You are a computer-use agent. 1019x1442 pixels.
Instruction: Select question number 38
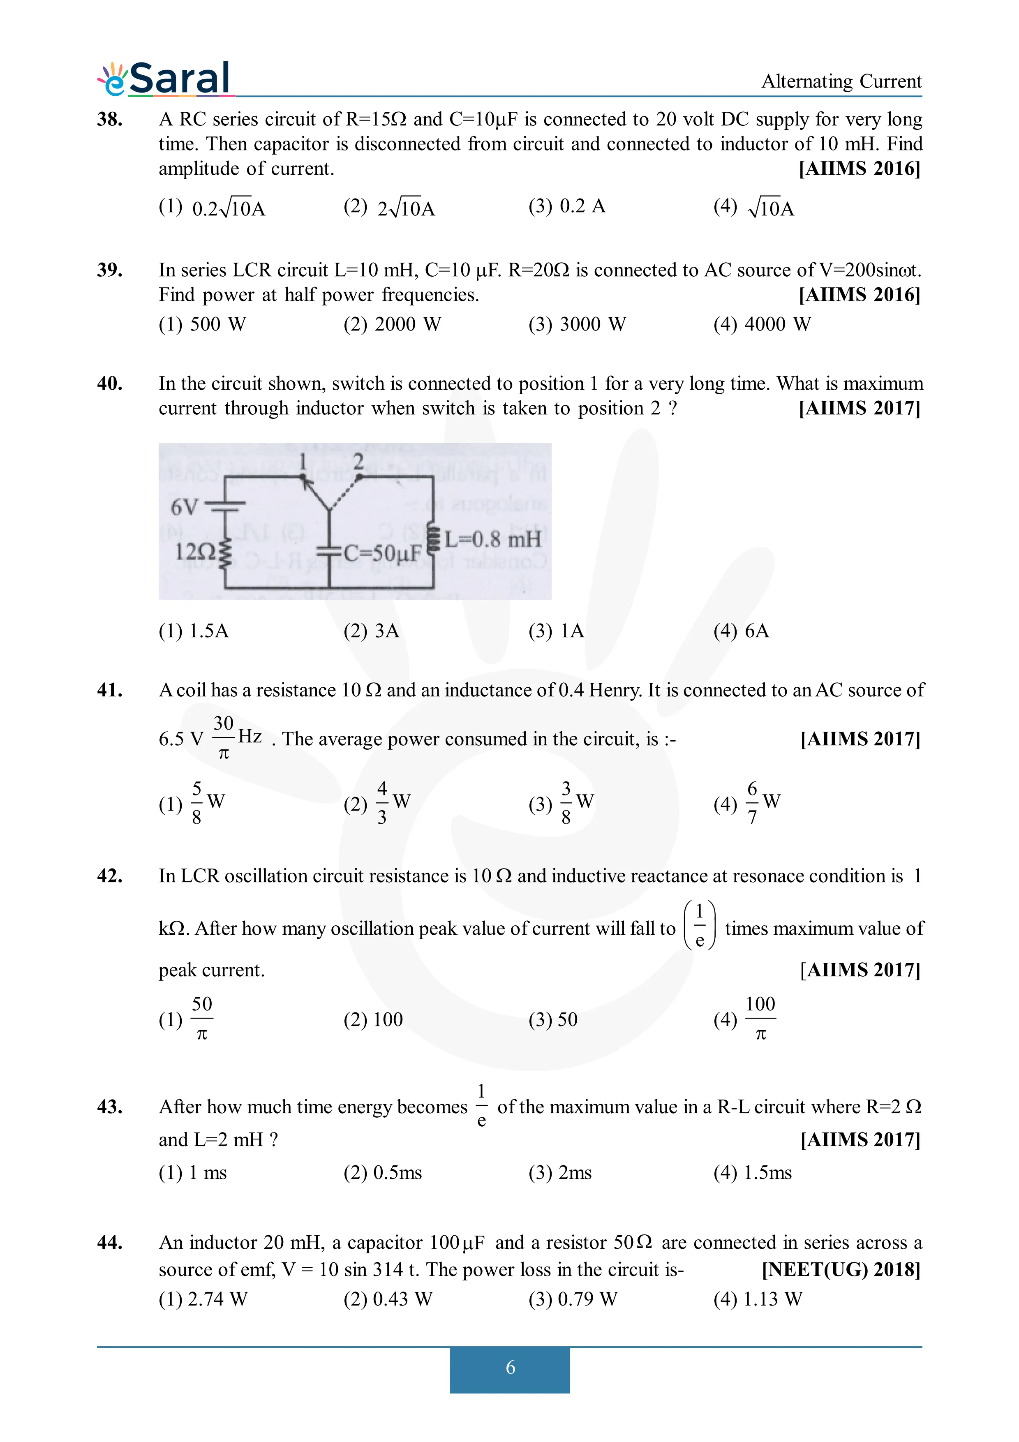click(110, 119)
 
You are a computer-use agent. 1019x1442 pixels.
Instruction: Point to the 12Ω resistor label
click(195, 552)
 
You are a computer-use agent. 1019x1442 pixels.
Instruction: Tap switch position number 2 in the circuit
click(358, 462)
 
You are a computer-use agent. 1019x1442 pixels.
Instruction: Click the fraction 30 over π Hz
click(236, 738)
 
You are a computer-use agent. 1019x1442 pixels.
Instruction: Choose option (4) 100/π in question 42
click(747, 1019)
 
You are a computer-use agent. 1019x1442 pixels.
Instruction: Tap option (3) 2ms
click(559, 1173)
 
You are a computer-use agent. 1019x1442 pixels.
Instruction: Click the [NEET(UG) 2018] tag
click(841, 1269)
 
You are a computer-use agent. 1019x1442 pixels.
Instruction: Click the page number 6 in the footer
click(510, 1367)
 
